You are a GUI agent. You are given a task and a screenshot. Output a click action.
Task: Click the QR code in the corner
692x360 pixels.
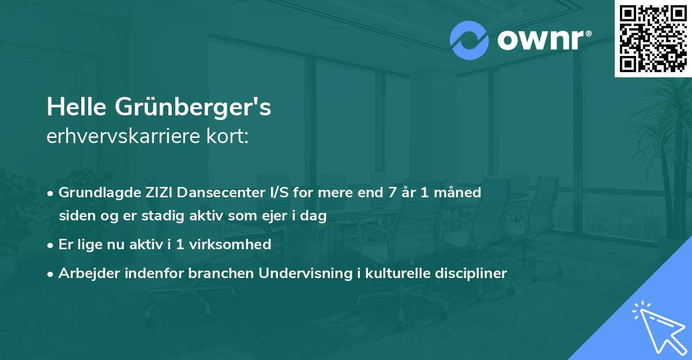coord(653,38)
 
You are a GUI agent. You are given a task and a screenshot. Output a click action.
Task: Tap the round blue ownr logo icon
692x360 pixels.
coord(469,40)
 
